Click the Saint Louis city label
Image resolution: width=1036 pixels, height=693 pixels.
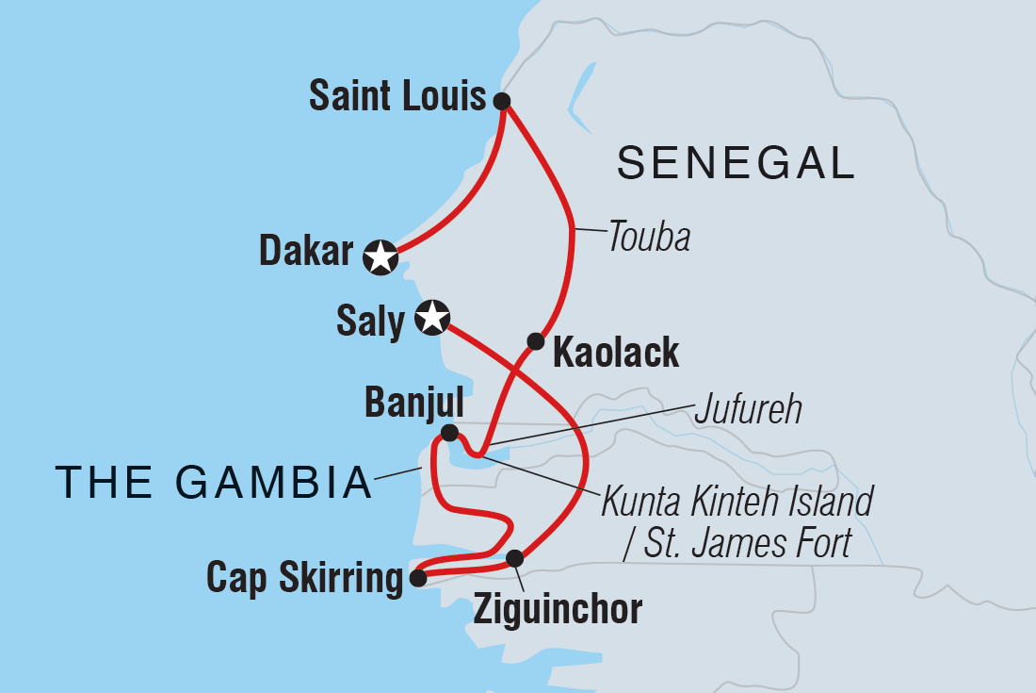(x=397, y=97)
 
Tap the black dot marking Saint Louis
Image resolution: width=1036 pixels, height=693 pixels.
(x=502, y=101)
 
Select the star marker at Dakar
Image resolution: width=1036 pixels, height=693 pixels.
(x=380, y=256)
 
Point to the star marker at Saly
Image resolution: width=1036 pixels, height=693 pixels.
(x=431, y=318)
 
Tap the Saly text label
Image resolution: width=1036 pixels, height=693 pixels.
(x=369, y=322)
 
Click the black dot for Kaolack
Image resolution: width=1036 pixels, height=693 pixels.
(x=535, y=340)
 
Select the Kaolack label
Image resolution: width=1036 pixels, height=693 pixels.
(x=616, y=353)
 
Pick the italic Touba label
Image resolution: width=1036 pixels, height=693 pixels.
(x=649, y=237)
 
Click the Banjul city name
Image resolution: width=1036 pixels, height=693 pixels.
(x=413, y=404)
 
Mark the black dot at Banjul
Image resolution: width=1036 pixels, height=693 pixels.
(x=450, y=433)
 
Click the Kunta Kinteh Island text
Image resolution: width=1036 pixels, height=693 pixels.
(x=738, y=502)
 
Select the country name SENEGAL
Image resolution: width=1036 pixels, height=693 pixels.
(x=736, y=164)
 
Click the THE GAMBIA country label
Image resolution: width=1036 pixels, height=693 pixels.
(x=214, y=482)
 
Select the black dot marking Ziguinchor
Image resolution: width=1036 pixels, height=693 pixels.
(x=514, y=558)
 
